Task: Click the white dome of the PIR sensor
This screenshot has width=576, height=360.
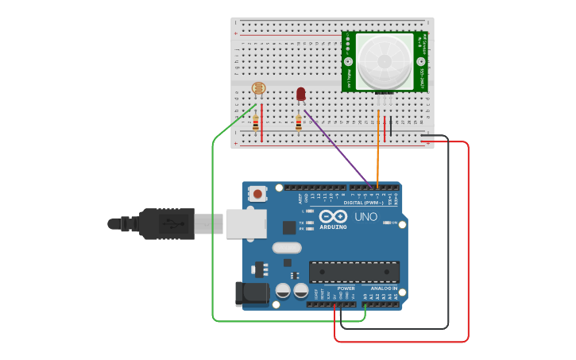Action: (385, 60)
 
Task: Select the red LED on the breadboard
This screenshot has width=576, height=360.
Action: (300, 94)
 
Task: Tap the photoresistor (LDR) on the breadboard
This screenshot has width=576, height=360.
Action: (258, 88)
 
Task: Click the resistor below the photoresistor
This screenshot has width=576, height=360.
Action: (256, 123)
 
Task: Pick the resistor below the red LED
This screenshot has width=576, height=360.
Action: (299, 123)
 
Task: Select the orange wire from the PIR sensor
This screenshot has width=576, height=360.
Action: (378, 151)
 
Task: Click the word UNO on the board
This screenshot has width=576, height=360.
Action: (365, 216)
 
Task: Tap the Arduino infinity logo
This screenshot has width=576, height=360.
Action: (333, 216)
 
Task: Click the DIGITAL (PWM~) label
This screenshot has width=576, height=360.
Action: (363, 203)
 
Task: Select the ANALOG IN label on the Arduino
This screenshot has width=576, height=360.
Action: (383, 288)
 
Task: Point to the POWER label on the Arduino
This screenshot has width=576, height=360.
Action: (346, 288)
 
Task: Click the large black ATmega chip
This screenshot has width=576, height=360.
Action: (354, 272)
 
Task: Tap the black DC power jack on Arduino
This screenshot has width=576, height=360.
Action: (252, 293)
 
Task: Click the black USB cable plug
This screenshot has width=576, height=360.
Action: (166, 223)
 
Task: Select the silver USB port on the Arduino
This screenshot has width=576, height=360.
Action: (245, 223)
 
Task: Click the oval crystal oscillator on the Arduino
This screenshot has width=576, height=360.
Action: (287, 248)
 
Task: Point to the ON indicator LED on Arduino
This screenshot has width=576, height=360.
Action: (387, 223)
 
